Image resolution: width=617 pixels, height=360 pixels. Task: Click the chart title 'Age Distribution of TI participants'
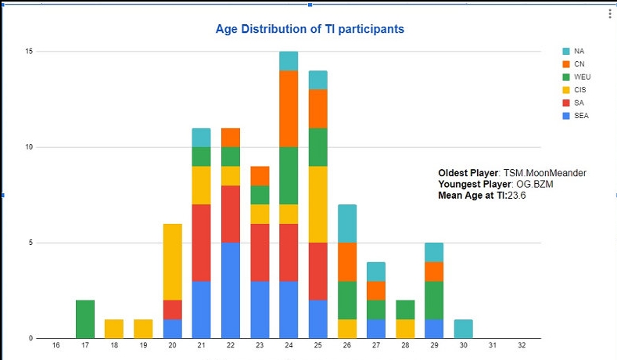tap(310, 29)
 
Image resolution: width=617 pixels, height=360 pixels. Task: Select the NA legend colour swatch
tap(565, 51)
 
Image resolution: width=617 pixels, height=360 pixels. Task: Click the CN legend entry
tap(579, 64)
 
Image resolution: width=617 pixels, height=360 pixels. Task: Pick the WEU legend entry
tap(580, 77)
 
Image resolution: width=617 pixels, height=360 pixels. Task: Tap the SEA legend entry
tap(580, 116)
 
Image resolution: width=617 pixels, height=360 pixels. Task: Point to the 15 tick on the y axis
tap(28, 52)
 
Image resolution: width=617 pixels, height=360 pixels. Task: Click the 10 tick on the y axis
tap(28, 147)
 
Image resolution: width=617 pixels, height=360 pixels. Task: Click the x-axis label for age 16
tap(56, 345)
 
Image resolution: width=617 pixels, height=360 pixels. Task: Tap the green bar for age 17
tap(85, 319)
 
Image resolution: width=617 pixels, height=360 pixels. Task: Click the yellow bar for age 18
tap(115, 329)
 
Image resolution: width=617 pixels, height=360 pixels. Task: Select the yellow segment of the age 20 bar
tap(172, 262)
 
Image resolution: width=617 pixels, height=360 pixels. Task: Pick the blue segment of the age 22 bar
tap(231, 290)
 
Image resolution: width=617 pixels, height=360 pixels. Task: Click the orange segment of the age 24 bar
tap(289, 109)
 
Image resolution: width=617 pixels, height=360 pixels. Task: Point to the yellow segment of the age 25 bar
tap(319, 204)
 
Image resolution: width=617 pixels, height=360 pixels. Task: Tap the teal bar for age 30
tap(463, 329)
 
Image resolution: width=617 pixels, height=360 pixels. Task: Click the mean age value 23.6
tap(517, 196)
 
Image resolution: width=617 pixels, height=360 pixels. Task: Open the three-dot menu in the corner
tap(610, 14)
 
